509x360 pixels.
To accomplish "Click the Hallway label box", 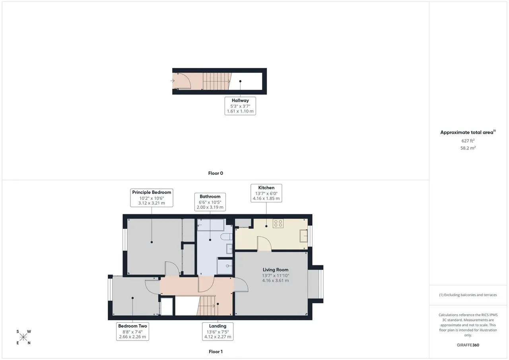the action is click(x=240, y=106).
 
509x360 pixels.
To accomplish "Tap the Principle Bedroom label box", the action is click(x=152, y=198).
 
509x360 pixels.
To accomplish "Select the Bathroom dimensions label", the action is click(x=210, y=202).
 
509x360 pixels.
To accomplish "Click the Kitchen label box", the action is click(x=266, y=193).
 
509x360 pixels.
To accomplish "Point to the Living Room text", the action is click(x=276, y=270).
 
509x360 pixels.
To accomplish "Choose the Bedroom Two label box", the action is click(x=132, y=331).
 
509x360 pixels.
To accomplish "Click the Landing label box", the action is click(x=218, y=331).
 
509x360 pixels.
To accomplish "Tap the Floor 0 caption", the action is click(x=216, y=173).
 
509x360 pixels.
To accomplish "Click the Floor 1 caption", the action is click(x=216, y=352).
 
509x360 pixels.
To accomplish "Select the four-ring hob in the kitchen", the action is click(x=278, y=223).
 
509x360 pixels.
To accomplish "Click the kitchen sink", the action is click(x=303, y=236).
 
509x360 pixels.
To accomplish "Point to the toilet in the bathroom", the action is click(x=226, y=237).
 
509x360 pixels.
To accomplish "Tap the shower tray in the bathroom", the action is click(x=225, y=266).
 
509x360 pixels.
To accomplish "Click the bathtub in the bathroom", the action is click(x=211, y=225).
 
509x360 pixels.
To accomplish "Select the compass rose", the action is click(x=23, y=337).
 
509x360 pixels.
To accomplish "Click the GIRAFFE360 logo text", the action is click(x=468, y=345).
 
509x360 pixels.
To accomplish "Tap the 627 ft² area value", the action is click(x=468, y=141).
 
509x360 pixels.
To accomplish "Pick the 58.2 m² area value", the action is click(x=468, y=148).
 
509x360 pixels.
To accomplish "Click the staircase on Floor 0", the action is click(x=217, y=81).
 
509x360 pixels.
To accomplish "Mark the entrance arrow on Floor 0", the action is click(x=173, y=81).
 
